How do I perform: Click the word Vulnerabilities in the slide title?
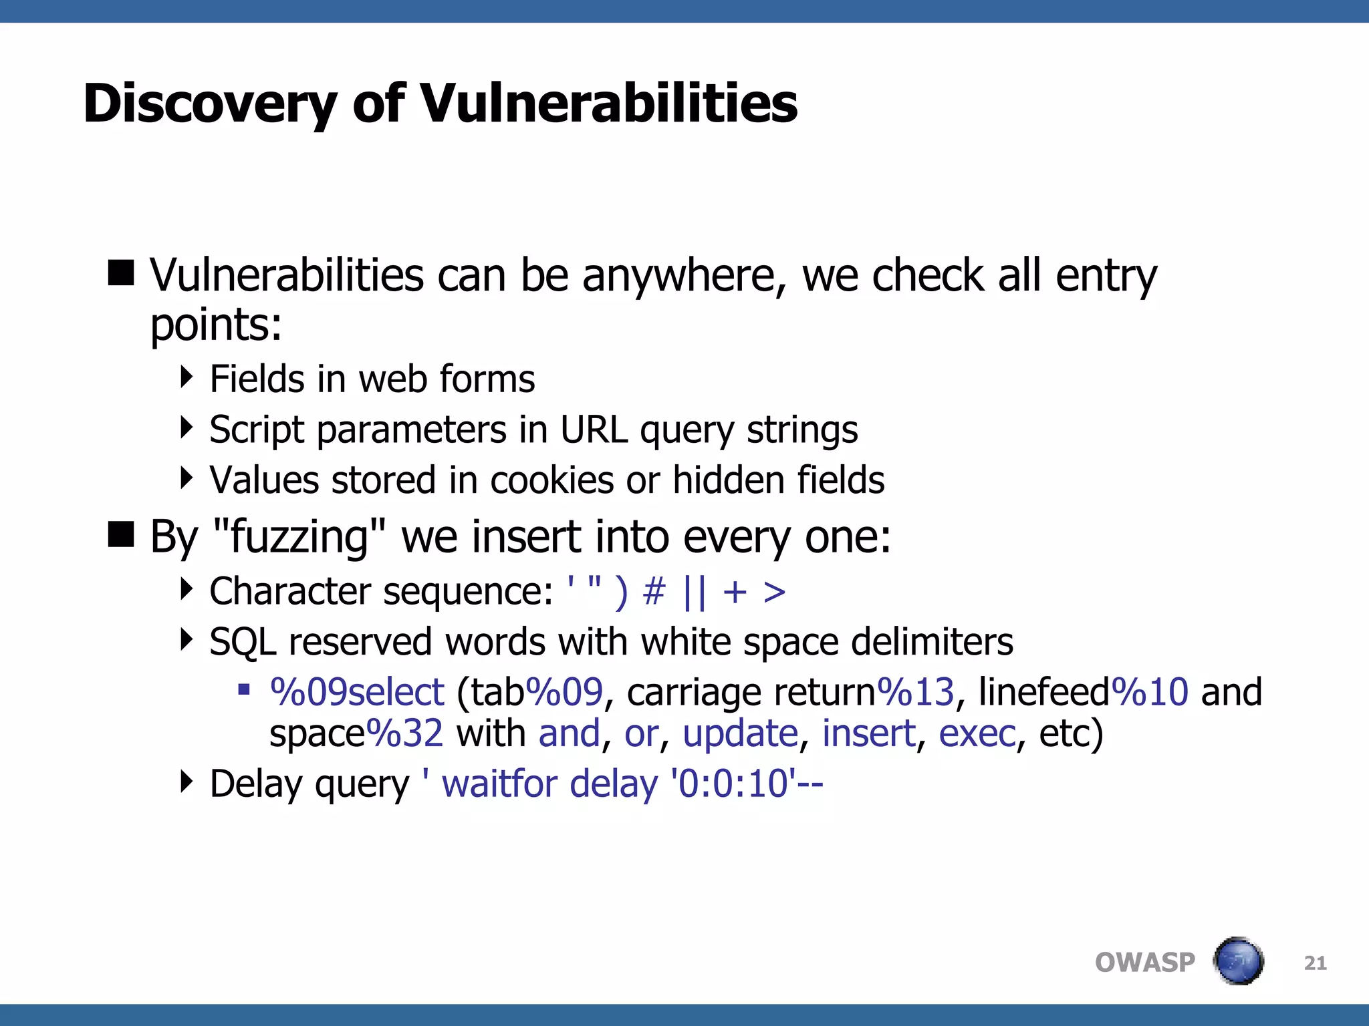click(609, 104)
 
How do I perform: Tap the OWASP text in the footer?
click(1144, 963)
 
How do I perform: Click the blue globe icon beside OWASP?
click(1238, 961)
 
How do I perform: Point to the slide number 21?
click(1315, 963)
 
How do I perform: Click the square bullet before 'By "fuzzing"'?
click(121, 534)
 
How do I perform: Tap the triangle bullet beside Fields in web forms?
click(186, 377)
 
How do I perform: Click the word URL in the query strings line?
click(594, 430)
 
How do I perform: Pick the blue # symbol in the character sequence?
click(654, 592)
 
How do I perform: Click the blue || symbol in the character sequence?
click(695, 592)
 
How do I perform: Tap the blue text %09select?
click(357, 692)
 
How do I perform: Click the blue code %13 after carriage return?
click(915, 692)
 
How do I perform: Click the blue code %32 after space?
click(404, 733)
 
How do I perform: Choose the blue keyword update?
click(740, 733)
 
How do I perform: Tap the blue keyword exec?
click(977, 733)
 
